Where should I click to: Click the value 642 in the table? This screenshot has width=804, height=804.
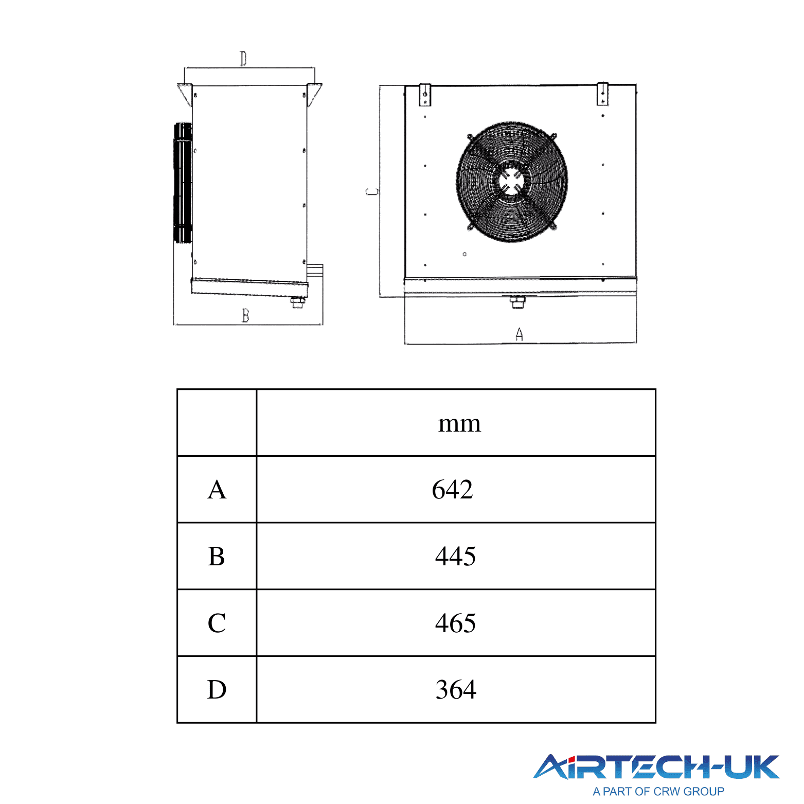tap(452, 489)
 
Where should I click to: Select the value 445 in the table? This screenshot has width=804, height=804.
tap(455, 556)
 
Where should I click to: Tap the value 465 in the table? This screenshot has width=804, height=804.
tap(455, 623)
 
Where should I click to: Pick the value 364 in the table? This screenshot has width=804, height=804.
tap(456, 689)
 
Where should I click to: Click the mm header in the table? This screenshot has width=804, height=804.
tap(459, 424)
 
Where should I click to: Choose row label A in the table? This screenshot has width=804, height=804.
tap(217, 489)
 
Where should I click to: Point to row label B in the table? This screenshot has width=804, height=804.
tap(217, 556)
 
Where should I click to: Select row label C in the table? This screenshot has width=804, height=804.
tap(217, 623)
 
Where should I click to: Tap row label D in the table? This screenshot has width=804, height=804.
tap(217, 689)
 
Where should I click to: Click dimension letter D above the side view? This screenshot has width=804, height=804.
tap(243, 59)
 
